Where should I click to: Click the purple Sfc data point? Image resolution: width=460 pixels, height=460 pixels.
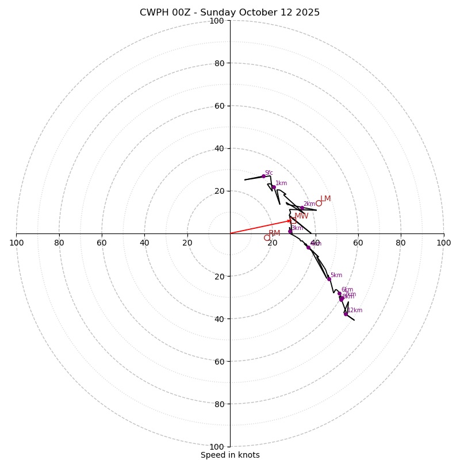click(263, 176)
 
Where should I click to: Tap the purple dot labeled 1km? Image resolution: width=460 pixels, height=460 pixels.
click(274, 187)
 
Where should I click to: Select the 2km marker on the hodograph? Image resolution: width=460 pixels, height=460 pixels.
click(302, 208)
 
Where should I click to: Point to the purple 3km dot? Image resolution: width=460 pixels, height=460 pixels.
click(290, 231)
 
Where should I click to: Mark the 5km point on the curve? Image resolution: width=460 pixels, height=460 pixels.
click(329, 279)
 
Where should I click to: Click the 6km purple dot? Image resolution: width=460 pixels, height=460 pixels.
click(339, 293)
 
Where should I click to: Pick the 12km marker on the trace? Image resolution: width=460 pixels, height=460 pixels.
click(346, 313)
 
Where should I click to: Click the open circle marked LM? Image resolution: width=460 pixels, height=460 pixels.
click(319, 203)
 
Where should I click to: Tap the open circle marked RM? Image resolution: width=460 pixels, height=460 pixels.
click(267, 237)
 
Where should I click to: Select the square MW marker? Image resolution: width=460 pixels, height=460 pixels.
click(293, 220)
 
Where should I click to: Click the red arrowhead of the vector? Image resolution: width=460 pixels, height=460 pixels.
click(290, 220)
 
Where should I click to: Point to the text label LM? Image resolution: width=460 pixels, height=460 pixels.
click(325, 198)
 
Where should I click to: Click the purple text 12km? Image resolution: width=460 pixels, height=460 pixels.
click(355, 310)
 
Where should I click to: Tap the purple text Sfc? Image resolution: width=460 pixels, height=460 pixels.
click(269, 172)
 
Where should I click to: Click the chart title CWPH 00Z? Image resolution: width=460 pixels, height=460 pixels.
click(167, 13)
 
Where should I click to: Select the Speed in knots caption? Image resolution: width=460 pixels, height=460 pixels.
click(230, 455)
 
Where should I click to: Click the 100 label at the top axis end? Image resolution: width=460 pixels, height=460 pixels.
click(217, 21)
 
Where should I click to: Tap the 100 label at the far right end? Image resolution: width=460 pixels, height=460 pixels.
click(444, 243)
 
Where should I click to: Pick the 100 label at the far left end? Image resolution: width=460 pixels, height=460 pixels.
click(16, 243)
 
